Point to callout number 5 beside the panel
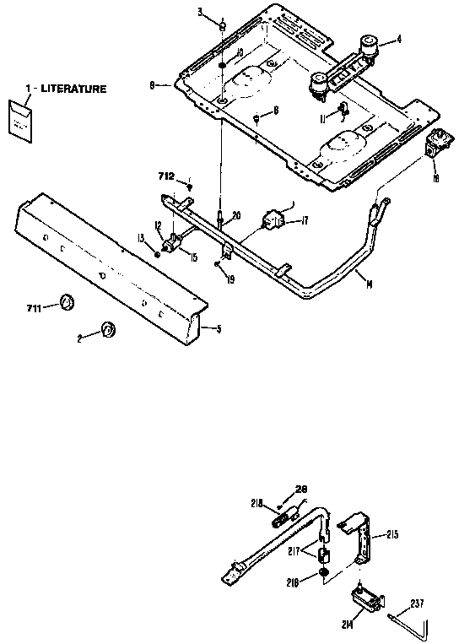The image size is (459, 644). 218,328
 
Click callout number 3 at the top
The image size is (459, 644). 200,12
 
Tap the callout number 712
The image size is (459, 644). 167,176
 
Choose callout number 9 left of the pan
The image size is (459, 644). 152,84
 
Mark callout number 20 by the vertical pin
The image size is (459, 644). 236,215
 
